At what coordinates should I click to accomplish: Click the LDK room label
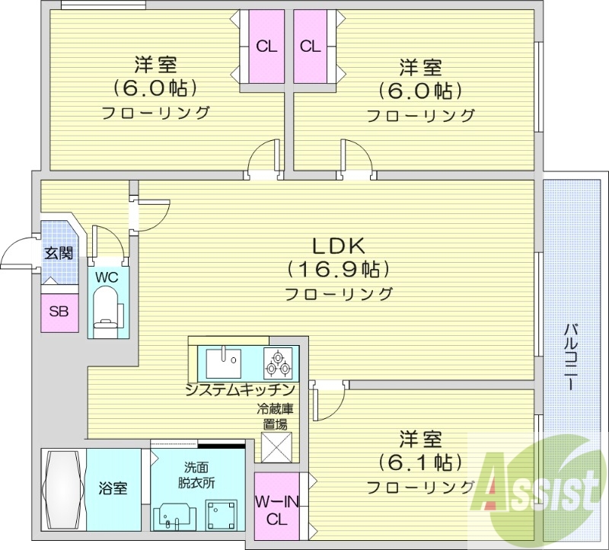click(x=339, y=246)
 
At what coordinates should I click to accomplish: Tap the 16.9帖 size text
click(x=339, y=269)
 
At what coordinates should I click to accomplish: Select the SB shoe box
click(x=59, y=310)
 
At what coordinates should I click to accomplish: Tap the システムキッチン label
click(x=239, y=390)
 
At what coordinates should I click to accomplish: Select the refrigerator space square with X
click(x=275, y=446)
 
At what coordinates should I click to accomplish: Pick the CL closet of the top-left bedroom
click(x=266, y=46)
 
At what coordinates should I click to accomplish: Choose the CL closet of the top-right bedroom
click(x=310, y=46)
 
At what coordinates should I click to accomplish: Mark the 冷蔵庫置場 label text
click(x=275, y=416)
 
